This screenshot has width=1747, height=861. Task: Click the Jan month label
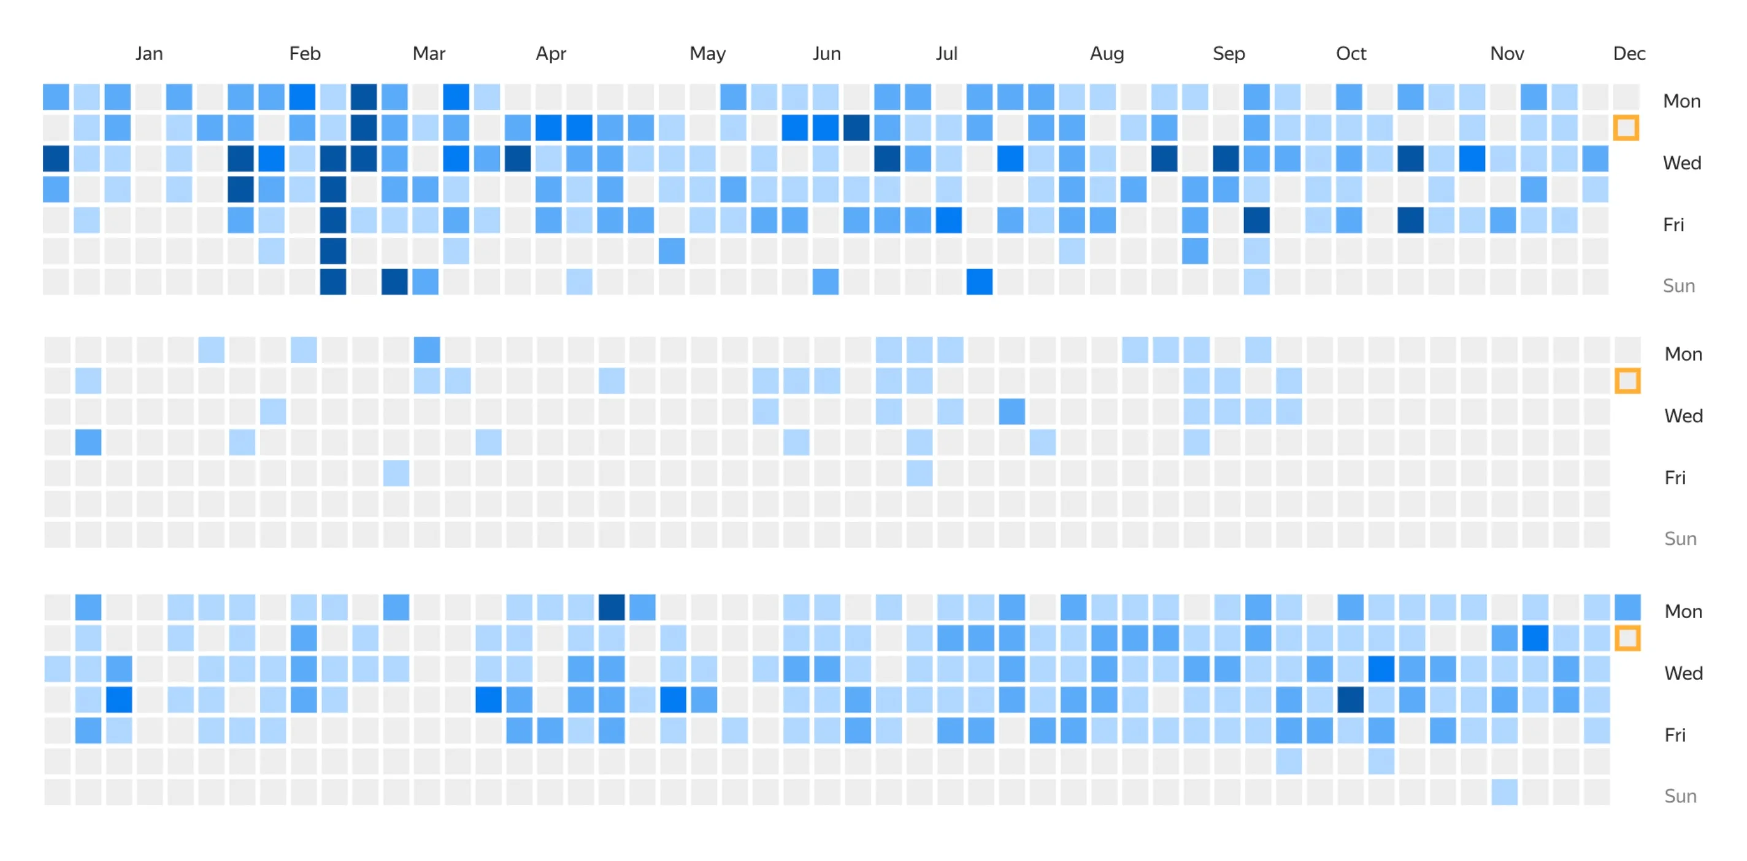(x=148, y=53)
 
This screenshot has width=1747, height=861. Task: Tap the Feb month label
(x=304, y=53)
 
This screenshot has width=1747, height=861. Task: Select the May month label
(x=707, y=53)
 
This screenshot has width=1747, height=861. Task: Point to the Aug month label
(x=1106, y=53)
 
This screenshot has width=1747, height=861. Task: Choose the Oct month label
(x=1350, y=53)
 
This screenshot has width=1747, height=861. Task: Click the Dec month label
(x=1629, y=53)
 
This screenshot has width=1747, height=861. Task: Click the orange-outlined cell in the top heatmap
(x=1626, y=128)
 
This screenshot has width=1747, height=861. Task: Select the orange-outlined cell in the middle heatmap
(x=1627, y=381)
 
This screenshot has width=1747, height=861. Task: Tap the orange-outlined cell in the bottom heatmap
(x=1627, y=638)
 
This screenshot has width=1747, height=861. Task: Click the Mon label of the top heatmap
(x=1681, y=102)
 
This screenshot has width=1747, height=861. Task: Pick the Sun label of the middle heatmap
(x=1680, y=539)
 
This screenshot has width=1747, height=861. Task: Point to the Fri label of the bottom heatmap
(x=1675, y=735)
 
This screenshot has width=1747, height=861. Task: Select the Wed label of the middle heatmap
(x=1683, y=416)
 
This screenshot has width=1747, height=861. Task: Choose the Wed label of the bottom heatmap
(x=1683, y=673)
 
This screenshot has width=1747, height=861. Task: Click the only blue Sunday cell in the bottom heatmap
(x=1503, y=792)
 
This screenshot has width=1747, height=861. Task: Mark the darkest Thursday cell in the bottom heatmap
(x=1350, y=700)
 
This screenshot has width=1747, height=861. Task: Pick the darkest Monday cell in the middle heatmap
(x=426, y=350)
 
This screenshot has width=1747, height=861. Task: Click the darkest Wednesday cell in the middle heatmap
(x=1011, y=411)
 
